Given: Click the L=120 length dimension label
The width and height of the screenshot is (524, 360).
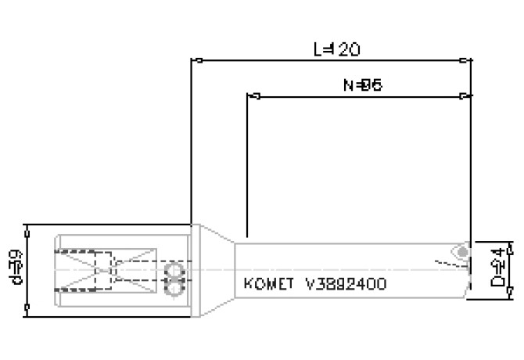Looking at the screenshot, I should (x=336, y=49).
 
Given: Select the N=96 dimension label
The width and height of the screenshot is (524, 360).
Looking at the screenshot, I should (x=361, y=85).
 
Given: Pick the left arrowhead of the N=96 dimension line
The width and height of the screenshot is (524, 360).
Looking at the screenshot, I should (x=253, y=96).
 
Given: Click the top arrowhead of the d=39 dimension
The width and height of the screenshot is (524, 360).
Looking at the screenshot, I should (x=28, y=229).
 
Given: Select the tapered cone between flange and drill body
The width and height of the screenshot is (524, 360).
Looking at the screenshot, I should (x=214, y=269).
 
